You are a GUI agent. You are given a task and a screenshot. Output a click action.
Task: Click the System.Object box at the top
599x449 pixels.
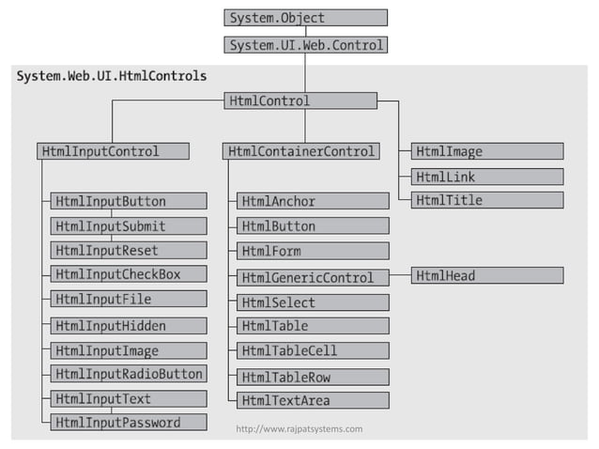pos(305,17)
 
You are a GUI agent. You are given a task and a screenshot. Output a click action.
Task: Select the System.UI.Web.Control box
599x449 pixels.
pos(305,43)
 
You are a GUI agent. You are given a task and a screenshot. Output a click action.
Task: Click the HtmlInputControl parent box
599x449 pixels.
pos(113,151)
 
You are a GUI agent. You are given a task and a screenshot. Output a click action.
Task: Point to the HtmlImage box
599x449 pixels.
pos(487,151)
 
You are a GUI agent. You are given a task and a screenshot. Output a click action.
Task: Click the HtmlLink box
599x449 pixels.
pos(487,177)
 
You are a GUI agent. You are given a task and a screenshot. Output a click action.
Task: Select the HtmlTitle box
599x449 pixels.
pos(487,200)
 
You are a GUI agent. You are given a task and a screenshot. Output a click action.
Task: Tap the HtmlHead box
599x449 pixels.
pos(487,275)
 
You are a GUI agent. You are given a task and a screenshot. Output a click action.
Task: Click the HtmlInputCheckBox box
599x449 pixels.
pos(129,274)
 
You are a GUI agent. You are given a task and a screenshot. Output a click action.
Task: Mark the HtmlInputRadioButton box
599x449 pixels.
pos(129,374)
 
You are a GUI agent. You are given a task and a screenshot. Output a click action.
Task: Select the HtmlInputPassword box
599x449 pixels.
pos(129,423)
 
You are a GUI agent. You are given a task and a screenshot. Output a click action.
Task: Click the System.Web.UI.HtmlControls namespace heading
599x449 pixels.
pos(112,75)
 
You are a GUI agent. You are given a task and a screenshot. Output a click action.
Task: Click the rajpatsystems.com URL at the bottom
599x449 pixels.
pos(299,429)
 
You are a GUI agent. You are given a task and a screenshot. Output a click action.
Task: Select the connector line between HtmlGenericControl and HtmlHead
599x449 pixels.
pos(400,276)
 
